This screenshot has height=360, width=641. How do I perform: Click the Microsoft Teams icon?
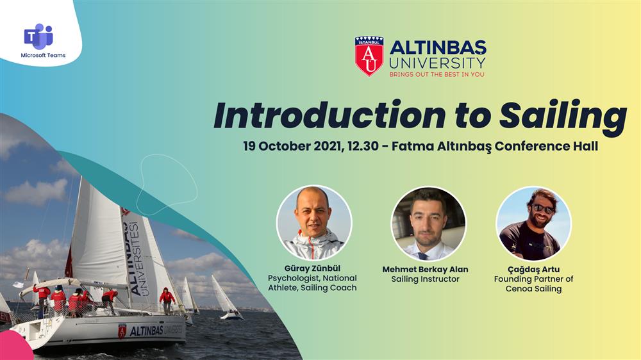(38, 37)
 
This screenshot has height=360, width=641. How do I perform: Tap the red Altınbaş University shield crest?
(369, 56)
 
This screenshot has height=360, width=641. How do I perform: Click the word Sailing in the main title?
(563, 116)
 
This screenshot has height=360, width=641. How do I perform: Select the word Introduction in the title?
(329, 115)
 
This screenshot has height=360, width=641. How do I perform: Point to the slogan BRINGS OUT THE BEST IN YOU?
(437, 74)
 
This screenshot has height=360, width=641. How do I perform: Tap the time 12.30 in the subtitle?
(363, 146)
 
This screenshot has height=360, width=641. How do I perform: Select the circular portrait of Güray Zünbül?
(314, 223)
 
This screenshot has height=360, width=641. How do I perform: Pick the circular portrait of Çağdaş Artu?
(533, 224)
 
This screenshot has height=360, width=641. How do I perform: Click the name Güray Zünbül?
(312, 268)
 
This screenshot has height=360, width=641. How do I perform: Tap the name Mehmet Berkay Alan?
(425, 270)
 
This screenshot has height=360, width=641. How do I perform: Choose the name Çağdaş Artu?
(533, 270)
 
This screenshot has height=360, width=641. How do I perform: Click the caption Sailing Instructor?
(425, 279)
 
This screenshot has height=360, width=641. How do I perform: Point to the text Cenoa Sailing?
(533, 289)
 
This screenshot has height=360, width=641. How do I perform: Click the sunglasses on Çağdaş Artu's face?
(544, 209)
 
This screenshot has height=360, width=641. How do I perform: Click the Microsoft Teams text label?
(43, 55)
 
